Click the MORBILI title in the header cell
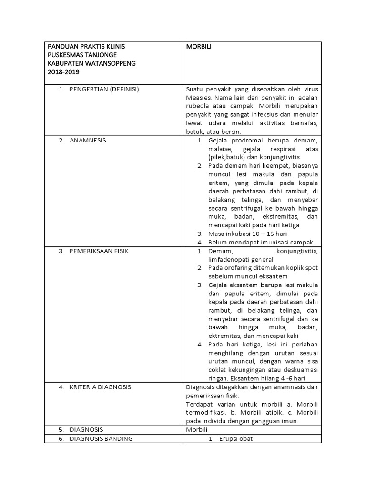[x=199, y=47]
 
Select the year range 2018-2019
[x=64, y=71]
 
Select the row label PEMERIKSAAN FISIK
[x=99, y=251]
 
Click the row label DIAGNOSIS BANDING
[x=101, y=438]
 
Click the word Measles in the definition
[x=198, y=98]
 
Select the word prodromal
[x=255, y=141]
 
